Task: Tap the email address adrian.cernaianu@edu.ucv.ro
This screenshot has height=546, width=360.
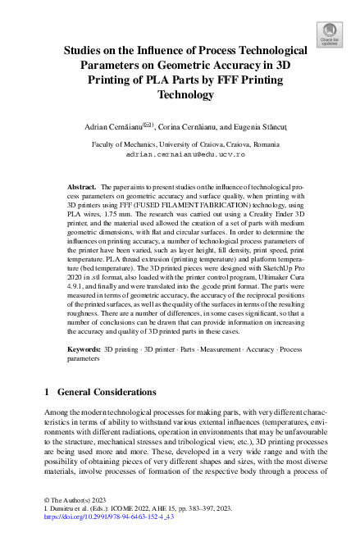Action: (180, 153)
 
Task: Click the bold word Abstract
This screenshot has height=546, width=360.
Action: (104, 188)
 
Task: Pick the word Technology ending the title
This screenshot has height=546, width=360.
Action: (180, 95)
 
